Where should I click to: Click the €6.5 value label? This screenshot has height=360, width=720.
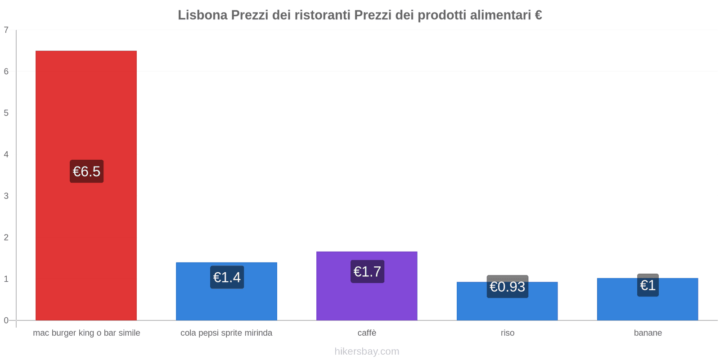[86, 171]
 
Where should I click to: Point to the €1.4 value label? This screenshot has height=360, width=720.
[227, 277]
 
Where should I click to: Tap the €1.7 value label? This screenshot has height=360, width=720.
[367, 272]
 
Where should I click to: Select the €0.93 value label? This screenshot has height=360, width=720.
[507, 287]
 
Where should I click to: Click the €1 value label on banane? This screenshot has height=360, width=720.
[648, 285]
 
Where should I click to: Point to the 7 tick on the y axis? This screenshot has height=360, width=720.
[6, 30]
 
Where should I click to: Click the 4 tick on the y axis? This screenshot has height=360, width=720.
[6, 154]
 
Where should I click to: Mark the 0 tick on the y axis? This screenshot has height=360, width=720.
[6, 320]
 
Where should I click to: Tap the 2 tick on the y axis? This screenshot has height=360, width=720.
[6, 238]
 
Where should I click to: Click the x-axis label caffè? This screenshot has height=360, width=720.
[367, 333]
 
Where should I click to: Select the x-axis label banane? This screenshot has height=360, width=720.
[648, 333]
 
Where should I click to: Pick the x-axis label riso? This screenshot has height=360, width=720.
[507, 333]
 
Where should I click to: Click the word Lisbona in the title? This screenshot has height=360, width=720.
[202, 15]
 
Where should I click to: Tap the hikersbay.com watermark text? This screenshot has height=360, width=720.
[367, 351]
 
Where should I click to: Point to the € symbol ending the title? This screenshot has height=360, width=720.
[538, 15]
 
